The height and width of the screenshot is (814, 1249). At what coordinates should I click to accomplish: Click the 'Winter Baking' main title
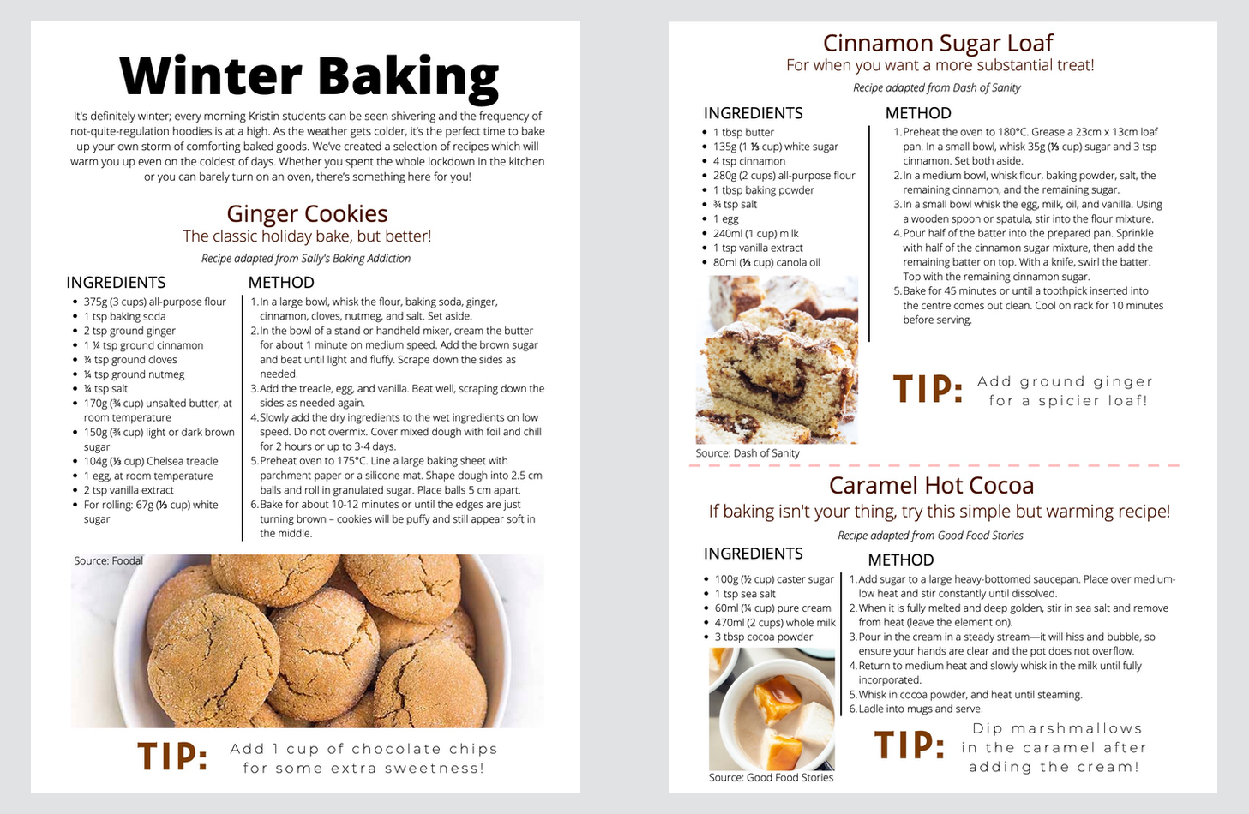309,75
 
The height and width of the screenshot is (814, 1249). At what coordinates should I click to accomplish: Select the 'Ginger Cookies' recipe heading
307,213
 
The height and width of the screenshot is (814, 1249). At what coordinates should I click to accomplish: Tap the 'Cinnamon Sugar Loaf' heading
937,43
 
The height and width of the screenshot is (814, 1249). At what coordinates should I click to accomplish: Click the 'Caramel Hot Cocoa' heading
931,485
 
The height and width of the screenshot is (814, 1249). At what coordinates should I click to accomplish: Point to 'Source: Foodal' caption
108,560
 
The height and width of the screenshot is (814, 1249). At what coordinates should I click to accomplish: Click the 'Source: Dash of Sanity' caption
747,453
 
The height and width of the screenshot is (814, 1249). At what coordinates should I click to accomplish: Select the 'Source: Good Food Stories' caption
771,777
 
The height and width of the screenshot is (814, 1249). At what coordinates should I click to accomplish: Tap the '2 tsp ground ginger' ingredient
129,331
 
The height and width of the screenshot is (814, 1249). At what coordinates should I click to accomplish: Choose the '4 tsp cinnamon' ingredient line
748,161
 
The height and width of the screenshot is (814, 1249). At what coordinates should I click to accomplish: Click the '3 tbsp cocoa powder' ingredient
763,637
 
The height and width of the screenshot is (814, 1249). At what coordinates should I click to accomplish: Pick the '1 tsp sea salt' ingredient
744,594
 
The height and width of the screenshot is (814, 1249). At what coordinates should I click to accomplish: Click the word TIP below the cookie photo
173,757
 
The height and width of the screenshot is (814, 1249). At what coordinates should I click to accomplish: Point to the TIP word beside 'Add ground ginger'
928,390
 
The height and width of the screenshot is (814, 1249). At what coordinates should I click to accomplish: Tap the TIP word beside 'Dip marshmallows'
910,745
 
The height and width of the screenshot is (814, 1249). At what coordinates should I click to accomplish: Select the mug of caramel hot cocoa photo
772,709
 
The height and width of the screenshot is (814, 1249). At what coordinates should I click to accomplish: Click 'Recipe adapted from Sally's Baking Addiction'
306,259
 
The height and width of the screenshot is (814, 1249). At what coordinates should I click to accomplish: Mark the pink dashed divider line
934,465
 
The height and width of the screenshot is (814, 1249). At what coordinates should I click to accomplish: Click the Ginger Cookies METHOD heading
281,283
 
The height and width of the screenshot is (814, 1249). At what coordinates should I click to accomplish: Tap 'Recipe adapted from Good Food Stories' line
930,536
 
